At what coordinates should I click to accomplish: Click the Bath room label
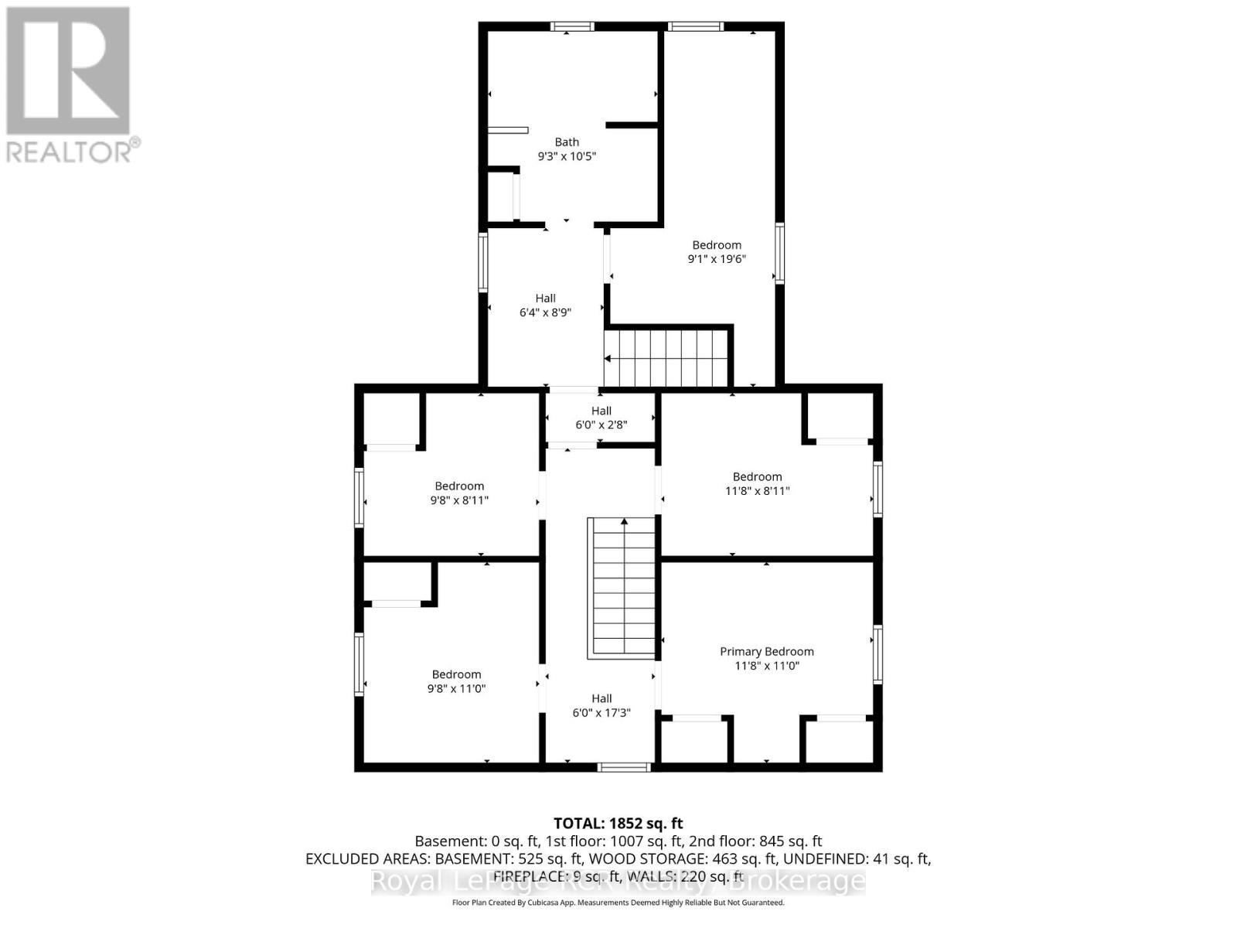[x=567, y=142]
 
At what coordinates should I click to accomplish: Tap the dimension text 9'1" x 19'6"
[x=717, y=259]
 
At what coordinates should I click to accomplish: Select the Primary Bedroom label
[x=766, y=652]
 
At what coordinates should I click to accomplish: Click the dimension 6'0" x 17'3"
[x=601, y=713]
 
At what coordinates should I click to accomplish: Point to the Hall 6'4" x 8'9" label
[x=545, y=299]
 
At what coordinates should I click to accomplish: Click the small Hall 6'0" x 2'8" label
[x=601, y=411]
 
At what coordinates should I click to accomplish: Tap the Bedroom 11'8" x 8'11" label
[x=757, y=477]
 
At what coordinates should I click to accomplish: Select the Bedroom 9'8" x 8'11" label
[x=459, y=486]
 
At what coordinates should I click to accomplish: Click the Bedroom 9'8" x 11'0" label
[x=456, y=675]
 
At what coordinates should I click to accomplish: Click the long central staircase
[x=622, y=588]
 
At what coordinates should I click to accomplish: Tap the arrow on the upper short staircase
[x=609, y=359]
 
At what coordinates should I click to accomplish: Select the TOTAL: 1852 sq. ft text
[x=618, y=824]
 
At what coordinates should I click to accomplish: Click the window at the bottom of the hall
[x=625, y=767]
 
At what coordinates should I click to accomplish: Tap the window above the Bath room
[x=573, y=26]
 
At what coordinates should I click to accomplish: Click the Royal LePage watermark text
[x=618, y=881]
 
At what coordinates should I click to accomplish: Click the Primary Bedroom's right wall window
[x=877, y=654]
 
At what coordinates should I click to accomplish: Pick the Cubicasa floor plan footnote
[x=618, y=902]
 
